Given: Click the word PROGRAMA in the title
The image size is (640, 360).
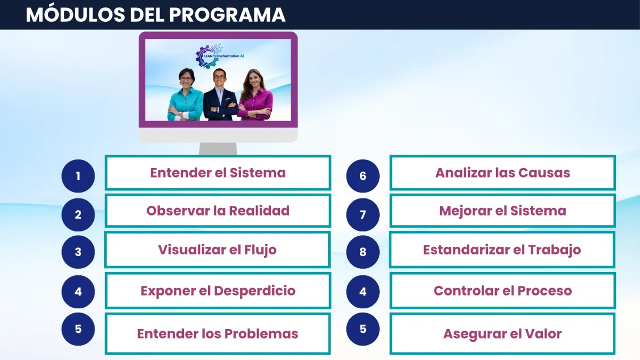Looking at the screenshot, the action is (x=227, y=15).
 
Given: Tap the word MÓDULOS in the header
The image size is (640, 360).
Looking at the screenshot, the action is (x=75, y=14).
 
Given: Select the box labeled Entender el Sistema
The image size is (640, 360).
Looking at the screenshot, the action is (x=218, y=173).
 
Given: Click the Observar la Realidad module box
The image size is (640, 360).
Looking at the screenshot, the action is (x=218, y=211).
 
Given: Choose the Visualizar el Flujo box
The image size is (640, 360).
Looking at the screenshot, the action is (x=218, y=250).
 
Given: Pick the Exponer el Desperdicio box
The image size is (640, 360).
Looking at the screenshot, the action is (x=218, y=291).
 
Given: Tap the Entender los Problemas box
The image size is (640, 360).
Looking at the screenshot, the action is (x=218, y=334).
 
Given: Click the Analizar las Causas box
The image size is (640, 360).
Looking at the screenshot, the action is (x=502, y=173).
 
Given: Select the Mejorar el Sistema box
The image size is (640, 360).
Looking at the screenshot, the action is (x=502, y=211).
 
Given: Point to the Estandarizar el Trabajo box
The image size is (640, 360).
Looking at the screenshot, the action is (x=502, y=250).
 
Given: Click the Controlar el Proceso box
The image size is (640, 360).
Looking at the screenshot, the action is (x=502, y=291).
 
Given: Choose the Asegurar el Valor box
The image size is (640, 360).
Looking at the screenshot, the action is (x=502, y=334).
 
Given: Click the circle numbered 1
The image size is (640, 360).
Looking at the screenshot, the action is (x=78, y=176).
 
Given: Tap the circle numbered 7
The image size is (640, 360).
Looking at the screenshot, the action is (x=363, y=214).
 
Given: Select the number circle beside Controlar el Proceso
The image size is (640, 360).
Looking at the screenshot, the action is (x=363, y=292).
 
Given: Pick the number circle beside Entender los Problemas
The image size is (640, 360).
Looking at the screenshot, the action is (x=78, y=329).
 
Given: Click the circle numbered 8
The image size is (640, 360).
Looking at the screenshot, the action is (x=363, y=252).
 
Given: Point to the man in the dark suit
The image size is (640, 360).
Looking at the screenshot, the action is (x=220, y=94).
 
